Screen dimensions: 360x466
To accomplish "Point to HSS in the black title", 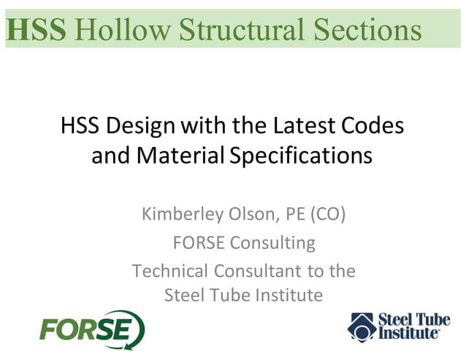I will pos(81,126).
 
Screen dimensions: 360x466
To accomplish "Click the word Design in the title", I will pos(141,126).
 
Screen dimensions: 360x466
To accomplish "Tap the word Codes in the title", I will pos(373,126).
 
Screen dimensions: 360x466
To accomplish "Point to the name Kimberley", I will pos(183,215).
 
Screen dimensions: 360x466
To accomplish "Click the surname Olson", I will pos(256,215).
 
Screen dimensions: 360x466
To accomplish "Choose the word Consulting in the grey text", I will pos(272,242).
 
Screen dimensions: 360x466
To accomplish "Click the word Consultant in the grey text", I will pos(259,271).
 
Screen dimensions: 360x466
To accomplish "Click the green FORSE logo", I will pos(92,329).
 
